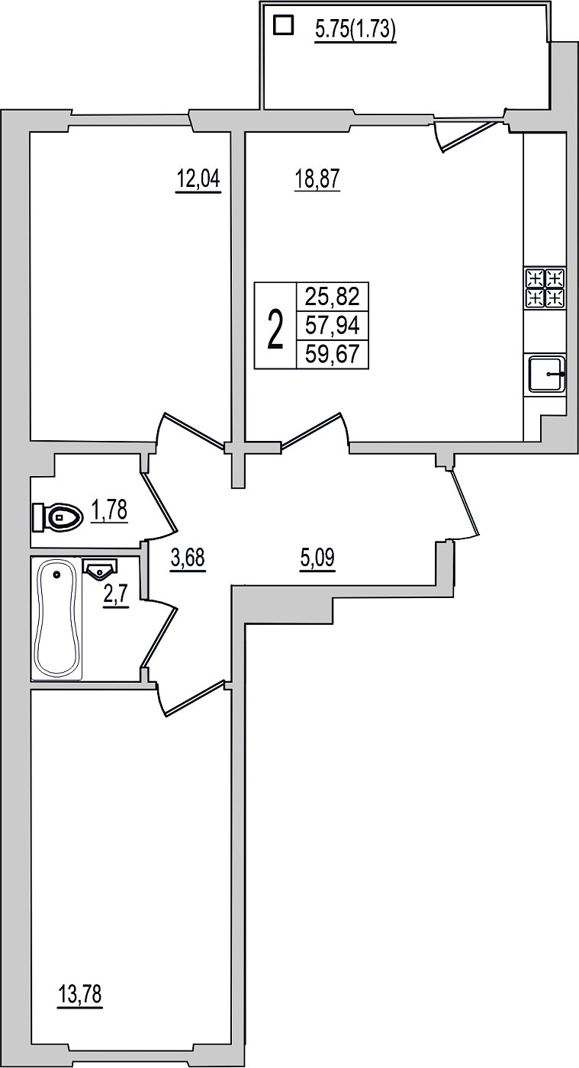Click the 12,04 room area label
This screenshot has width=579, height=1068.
click(x=198, y=180)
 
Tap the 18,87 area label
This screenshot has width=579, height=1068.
click(x=317, y=180)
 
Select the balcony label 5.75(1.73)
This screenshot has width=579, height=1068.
click(x=355, y=31)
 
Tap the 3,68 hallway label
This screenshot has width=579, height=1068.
click(x=188, y=558)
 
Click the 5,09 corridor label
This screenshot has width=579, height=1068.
click(x=317, y=558)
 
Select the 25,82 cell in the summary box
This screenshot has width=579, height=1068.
click(x=332, y=298)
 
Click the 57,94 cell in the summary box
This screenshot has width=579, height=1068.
click(x=332, y=327)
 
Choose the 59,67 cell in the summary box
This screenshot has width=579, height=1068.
click(x=332, y=354)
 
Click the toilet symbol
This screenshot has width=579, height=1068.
click(x=58, y=517)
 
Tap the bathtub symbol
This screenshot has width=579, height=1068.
click(x=56, y=618)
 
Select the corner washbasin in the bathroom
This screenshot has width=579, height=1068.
click(x=100, y=568)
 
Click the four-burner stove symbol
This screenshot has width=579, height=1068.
click(x=545, y=288)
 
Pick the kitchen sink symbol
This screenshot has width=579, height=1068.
click(x=547, y=374)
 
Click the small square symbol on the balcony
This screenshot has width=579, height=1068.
click(x=283, y=25)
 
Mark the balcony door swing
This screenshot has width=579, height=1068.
click(x=465, y=137)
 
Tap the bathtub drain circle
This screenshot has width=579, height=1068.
click(x=58, y=575)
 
